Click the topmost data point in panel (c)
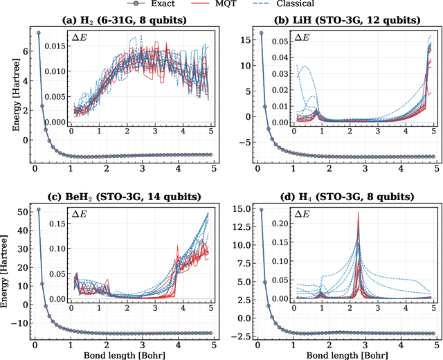[38, 208]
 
